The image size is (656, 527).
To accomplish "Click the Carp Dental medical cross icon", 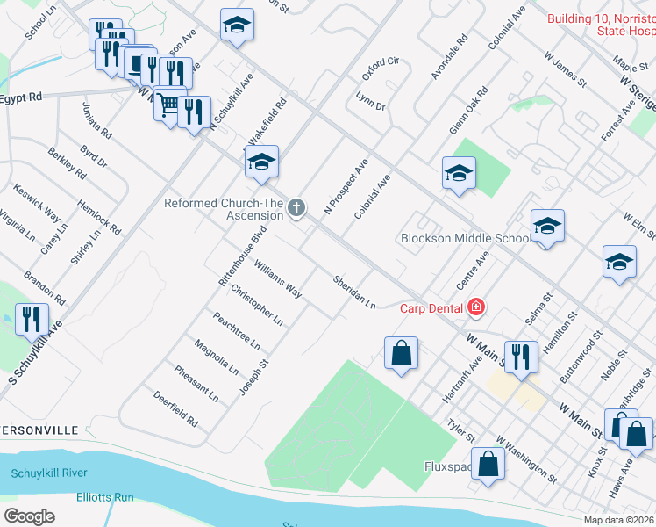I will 476,307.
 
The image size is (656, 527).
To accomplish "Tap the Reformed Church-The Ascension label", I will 225,209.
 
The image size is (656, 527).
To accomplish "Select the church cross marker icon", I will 297,208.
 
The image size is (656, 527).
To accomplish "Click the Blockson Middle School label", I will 465,238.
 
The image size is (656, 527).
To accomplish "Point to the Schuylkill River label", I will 49,473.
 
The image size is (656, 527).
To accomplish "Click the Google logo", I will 30,516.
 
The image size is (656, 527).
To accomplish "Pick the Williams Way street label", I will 277,278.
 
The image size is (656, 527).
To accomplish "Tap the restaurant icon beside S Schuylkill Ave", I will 32,321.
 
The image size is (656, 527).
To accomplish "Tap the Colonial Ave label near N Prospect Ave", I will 372,197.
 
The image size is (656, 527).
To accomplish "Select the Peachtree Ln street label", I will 236,330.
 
